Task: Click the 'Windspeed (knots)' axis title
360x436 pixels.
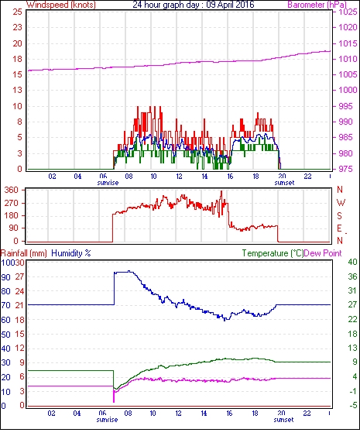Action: (x=61, y=5)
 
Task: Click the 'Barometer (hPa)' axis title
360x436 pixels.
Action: (x=317, y=5)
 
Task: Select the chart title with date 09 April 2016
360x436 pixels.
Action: (x=194, y=5)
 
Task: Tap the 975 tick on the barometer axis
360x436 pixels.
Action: (x=346, y=169)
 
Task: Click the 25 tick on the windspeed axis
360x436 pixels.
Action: (x=17, y=12)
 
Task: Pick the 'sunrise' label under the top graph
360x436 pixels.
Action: (x=108, y=183)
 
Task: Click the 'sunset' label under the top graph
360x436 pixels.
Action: (x=284, y=183)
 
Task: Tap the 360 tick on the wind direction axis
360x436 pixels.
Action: (x=12, y=191)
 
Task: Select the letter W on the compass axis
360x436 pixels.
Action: (x=341, y=202)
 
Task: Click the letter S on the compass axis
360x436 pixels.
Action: (x=339, y=215)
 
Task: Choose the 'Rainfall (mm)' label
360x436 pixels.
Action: (x=24, y=253)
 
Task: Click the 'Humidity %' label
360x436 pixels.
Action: (x=71, y=253)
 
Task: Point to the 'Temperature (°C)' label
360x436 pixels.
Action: (x=273, y=253)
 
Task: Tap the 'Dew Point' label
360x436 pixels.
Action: (x=323, y=253)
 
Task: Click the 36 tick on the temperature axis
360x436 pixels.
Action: (x=352, y=276)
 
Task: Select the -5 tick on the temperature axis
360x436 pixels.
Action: (x=352, y=406)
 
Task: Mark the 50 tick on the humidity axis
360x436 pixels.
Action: (x=6, y=335)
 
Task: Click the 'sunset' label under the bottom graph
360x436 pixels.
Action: (x=283, y=419)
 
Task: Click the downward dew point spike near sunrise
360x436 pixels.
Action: (x=114, y=396)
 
